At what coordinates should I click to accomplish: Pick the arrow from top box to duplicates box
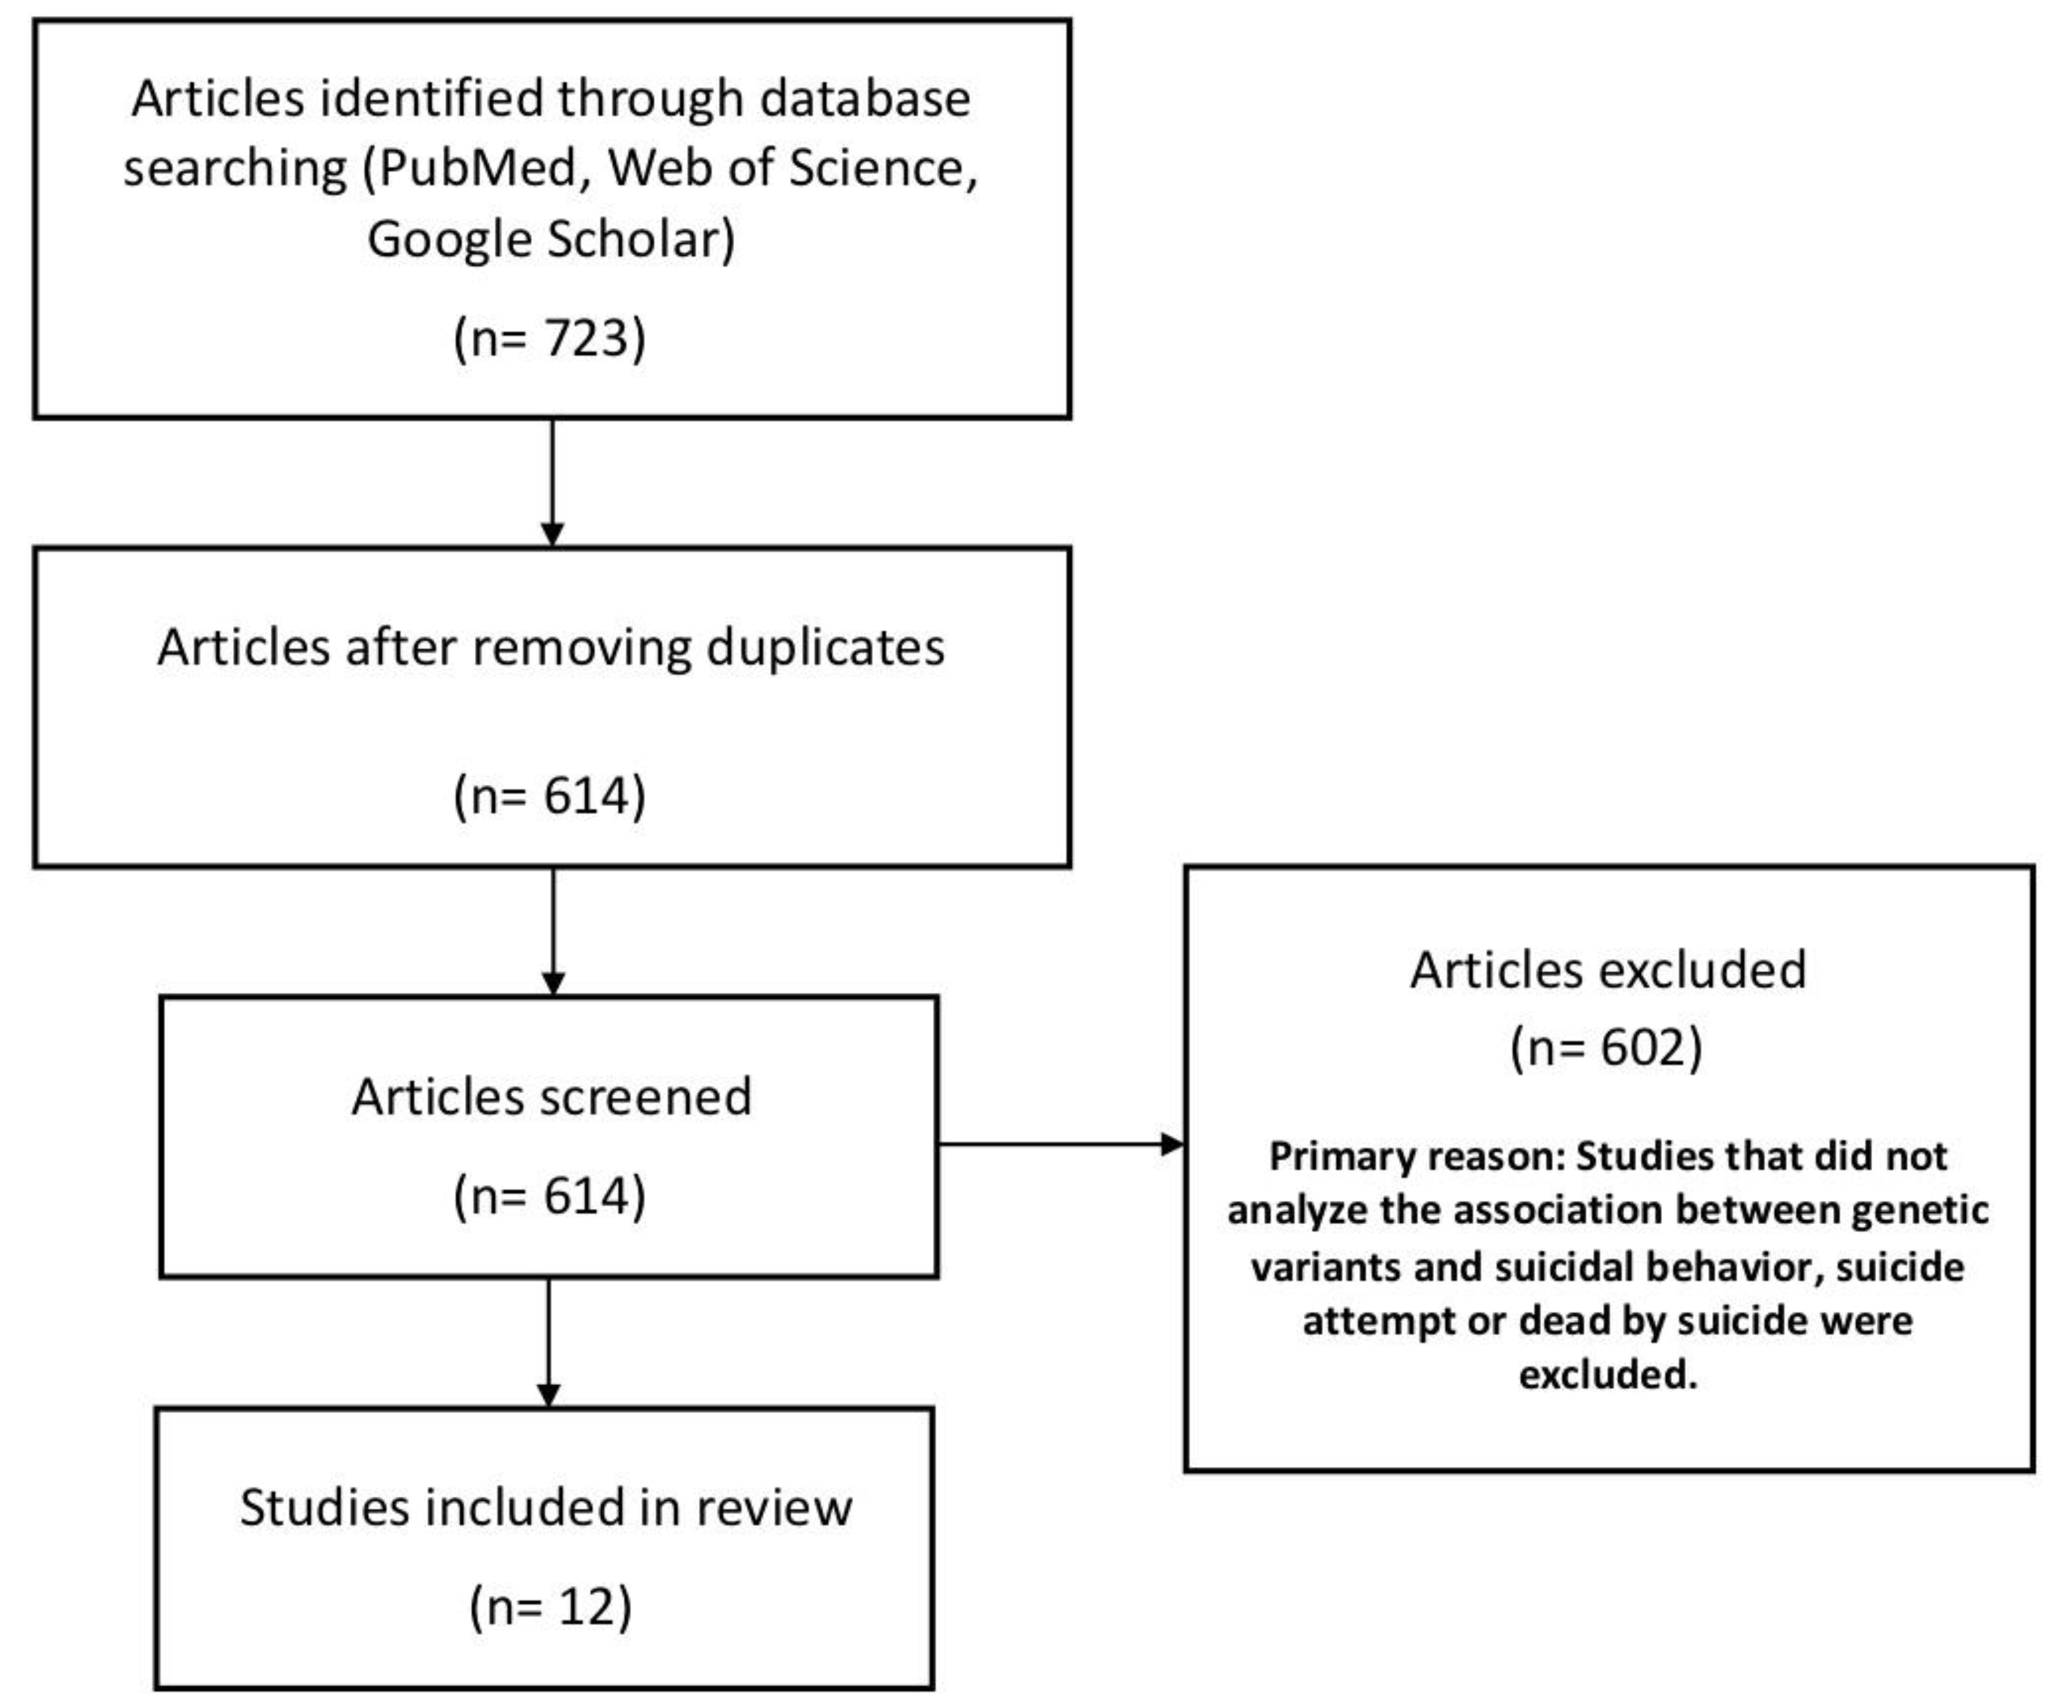coord(552,483)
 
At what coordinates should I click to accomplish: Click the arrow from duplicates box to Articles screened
coord(552,931)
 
